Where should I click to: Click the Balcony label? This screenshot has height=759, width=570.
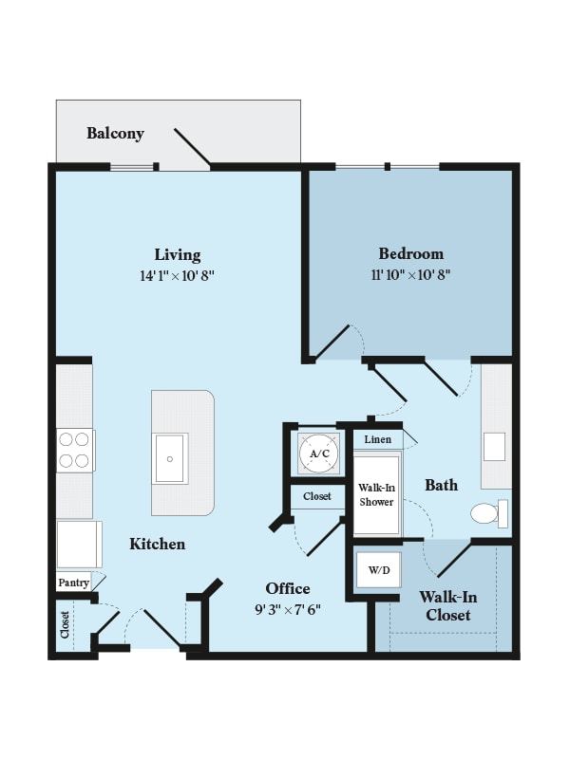click(115, 133)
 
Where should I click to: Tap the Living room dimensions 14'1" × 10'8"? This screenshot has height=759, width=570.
click(177, 276)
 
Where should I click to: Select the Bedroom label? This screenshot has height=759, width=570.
click(411, 253)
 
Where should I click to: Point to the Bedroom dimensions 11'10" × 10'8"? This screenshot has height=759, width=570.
click(410, 275)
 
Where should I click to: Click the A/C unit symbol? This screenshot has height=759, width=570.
click(319, 454)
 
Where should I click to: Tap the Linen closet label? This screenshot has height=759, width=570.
click(377, 439)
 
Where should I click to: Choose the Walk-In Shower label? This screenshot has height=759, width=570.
click(376, 494)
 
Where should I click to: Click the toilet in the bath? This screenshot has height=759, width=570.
click(489, 513)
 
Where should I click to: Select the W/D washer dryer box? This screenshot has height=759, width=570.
click(378, 570)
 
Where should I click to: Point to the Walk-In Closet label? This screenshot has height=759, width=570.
click(447, 605)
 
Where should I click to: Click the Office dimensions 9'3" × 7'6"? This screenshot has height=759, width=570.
click(288, 610)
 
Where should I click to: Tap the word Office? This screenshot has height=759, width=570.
click(288, 588)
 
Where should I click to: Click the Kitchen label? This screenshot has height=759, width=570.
click(157, 544)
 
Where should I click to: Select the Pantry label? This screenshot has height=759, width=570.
click(74, 583)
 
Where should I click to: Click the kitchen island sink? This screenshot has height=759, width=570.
click(170, 458)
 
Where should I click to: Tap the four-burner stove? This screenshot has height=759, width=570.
click(74, 450)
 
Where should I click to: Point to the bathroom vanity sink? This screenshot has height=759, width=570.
click(494, 447)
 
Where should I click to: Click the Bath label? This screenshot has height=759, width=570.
click(441, 485)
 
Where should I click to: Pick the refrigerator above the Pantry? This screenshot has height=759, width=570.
click(79, 544)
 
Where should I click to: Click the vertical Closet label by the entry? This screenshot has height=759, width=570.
click(65, 625)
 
